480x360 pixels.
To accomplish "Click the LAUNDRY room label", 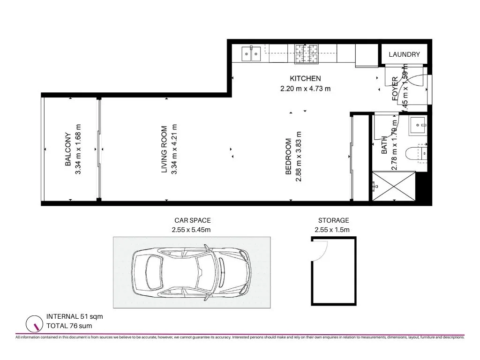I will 404,54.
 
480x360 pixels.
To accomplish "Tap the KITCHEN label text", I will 305,78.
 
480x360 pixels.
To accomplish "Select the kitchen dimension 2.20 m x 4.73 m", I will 305,88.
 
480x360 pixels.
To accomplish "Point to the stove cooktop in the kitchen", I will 306,53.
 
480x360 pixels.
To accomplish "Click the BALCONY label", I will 68,150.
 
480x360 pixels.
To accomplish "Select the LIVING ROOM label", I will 164,150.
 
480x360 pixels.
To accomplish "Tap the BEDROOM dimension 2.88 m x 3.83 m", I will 298,156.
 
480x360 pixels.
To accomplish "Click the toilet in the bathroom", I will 418,153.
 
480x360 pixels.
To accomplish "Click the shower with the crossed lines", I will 394,187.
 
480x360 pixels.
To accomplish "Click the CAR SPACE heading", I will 192,220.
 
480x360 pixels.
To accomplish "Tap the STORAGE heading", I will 333,220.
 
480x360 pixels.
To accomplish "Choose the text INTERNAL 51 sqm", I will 74,316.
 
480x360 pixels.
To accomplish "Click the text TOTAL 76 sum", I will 69,326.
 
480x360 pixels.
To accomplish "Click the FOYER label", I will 395,89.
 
